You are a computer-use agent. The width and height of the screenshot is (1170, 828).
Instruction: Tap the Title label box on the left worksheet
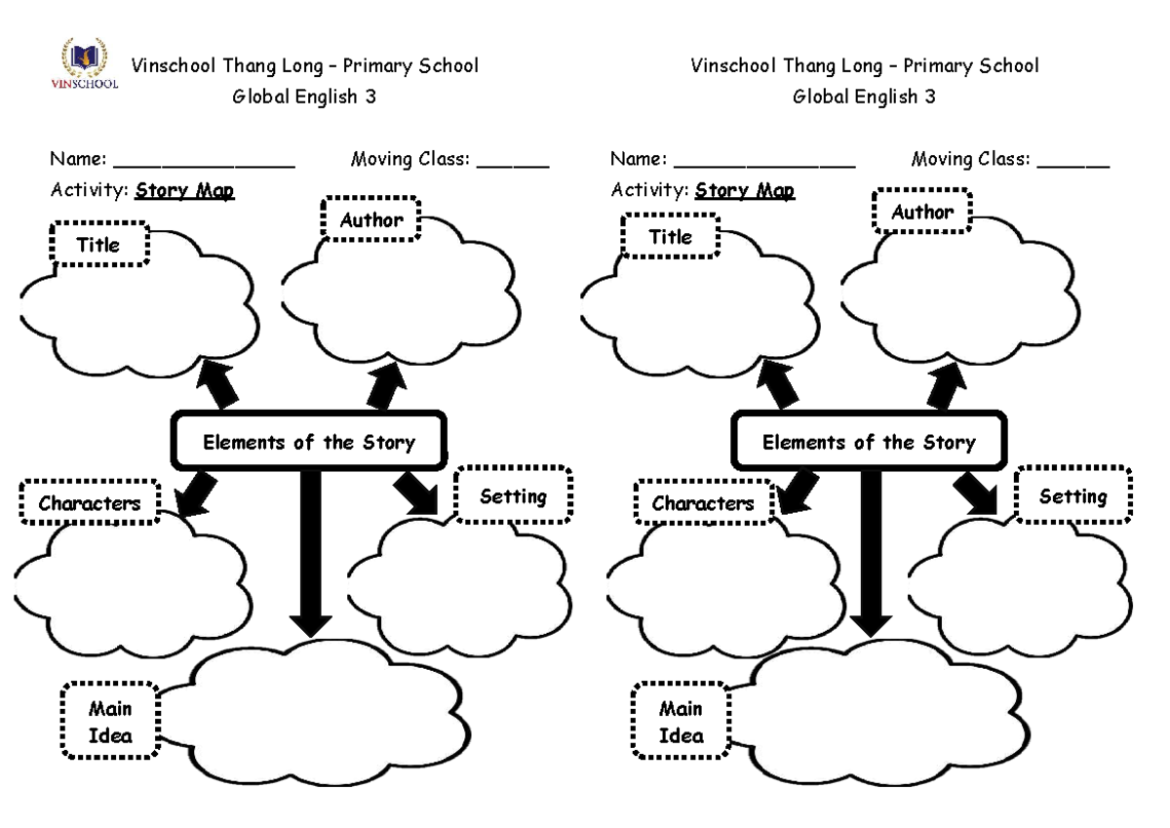(x=100, y=244)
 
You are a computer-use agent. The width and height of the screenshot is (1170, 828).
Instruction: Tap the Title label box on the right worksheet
(x=670, y=236)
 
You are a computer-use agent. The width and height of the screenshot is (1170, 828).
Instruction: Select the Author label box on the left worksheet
(x=370, y=219)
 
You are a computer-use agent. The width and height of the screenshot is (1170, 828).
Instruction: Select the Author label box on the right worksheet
(x=922, y=212)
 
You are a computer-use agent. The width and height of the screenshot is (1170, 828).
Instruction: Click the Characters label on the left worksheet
(x=90, y=503)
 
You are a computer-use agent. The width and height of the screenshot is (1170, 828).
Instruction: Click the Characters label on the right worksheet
(x=703, y=503)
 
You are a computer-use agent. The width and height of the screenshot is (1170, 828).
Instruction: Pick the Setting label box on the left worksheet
(x=513, y=496)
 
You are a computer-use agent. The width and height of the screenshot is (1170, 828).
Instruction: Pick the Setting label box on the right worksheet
(x=1072, y=496)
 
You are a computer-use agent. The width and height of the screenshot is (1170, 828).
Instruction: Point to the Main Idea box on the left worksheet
(x=110, y=722)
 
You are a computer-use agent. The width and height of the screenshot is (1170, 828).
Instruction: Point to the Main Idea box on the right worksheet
(x=681, y=722)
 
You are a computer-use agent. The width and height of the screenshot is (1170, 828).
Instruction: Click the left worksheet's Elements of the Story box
(x=309, y=442)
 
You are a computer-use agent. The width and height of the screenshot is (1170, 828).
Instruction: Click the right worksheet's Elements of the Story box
(x=869, y=442)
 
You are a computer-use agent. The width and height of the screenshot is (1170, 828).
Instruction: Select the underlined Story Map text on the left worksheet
(x=185, y=190)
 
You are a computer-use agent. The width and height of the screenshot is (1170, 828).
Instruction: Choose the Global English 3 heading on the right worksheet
(x=864, y=97)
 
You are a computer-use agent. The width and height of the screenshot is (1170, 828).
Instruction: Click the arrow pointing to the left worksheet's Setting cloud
(x=417, y=493)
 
